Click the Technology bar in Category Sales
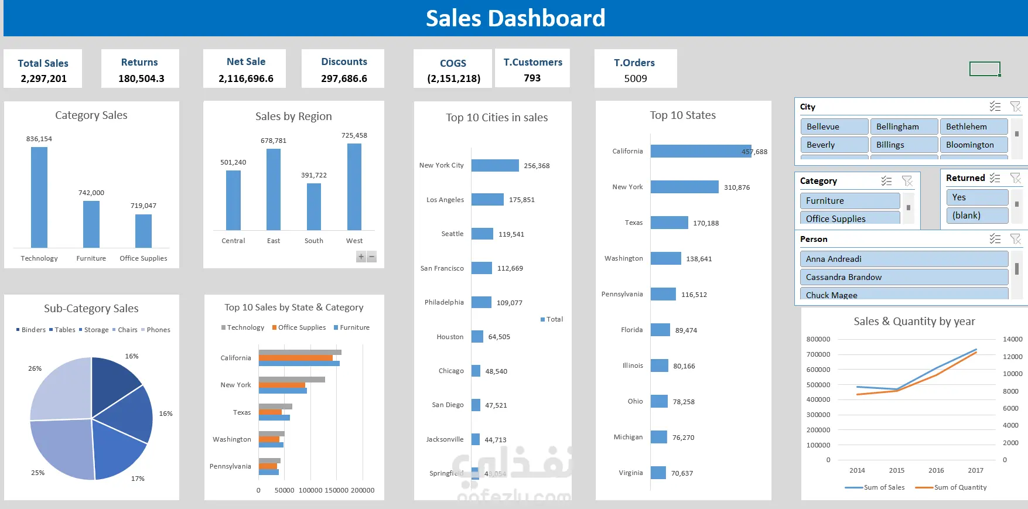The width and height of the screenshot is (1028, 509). [39, 197]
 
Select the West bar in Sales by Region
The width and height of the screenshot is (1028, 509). [354, 186]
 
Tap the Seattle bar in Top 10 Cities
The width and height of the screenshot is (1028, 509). [482, 234]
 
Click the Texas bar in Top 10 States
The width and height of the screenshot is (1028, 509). [669, 223]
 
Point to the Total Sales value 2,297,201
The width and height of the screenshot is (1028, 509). [43, 78]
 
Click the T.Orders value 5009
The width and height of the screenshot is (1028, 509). [636, 78]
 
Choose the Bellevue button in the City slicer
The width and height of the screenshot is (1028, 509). [834, 127]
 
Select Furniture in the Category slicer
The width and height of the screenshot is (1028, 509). [849, 201]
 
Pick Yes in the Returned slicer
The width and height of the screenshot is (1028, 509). [976, 197]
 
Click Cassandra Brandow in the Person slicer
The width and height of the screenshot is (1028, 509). [903, 277]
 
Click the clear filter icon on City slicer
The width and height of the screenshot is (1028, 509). [1016, 107]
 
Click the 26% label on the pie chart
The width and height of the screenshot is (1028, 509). [35, 368]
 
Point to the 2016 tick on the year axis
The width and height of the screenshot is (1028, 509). [936, 470]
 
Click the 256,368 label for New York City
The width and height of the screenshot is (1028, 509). [537, 166]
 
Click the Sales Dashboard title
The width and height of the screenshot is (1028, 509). [515, 18]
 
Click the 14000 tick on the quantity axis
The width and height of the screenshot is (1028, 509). [1012, 339]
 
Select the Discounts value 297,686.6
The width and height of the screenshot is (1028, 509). [344, 78]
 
